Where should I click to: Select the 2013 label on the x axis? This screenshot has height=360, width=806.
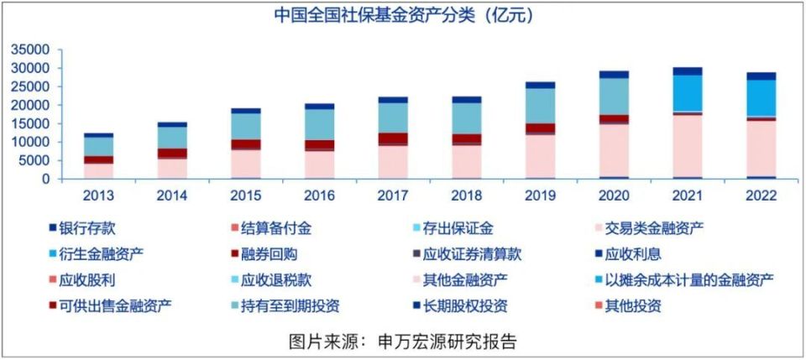click(98, 195)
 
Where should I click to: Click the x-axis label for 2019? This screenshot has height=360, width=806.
click(541, 195)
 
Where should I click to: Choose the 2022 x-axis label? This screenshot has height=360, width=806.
click(762, 195)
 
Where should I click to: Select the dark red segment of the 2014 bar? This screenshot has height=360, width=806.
click(172, 153)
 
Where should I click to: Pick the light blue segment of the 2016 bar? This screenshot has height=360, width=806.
click(320, 124)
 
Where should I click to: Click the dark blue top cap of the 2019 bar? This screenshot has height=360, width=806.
click(541, 85)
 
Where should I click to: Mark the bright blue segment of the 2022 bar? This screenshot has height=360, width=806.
click(762, 98)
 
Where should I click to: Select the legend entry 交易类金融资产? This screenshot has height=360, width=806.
click(644, 227)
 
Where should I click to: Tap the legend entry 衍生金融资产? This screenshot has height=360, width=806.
click(92, 253)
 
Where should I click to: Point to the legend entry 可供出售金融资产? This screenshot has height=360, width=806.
click(108, 305)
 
